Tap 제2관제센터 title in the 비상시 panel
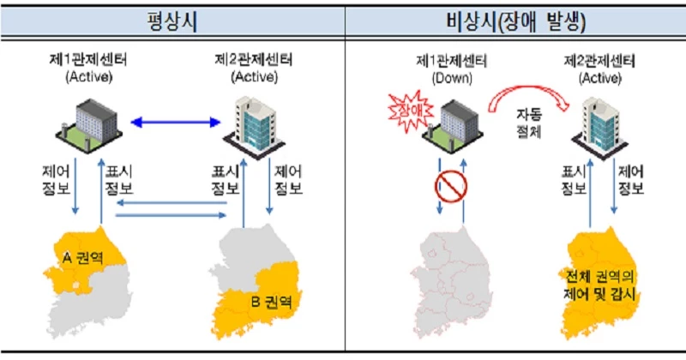(x=601, y=61)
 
